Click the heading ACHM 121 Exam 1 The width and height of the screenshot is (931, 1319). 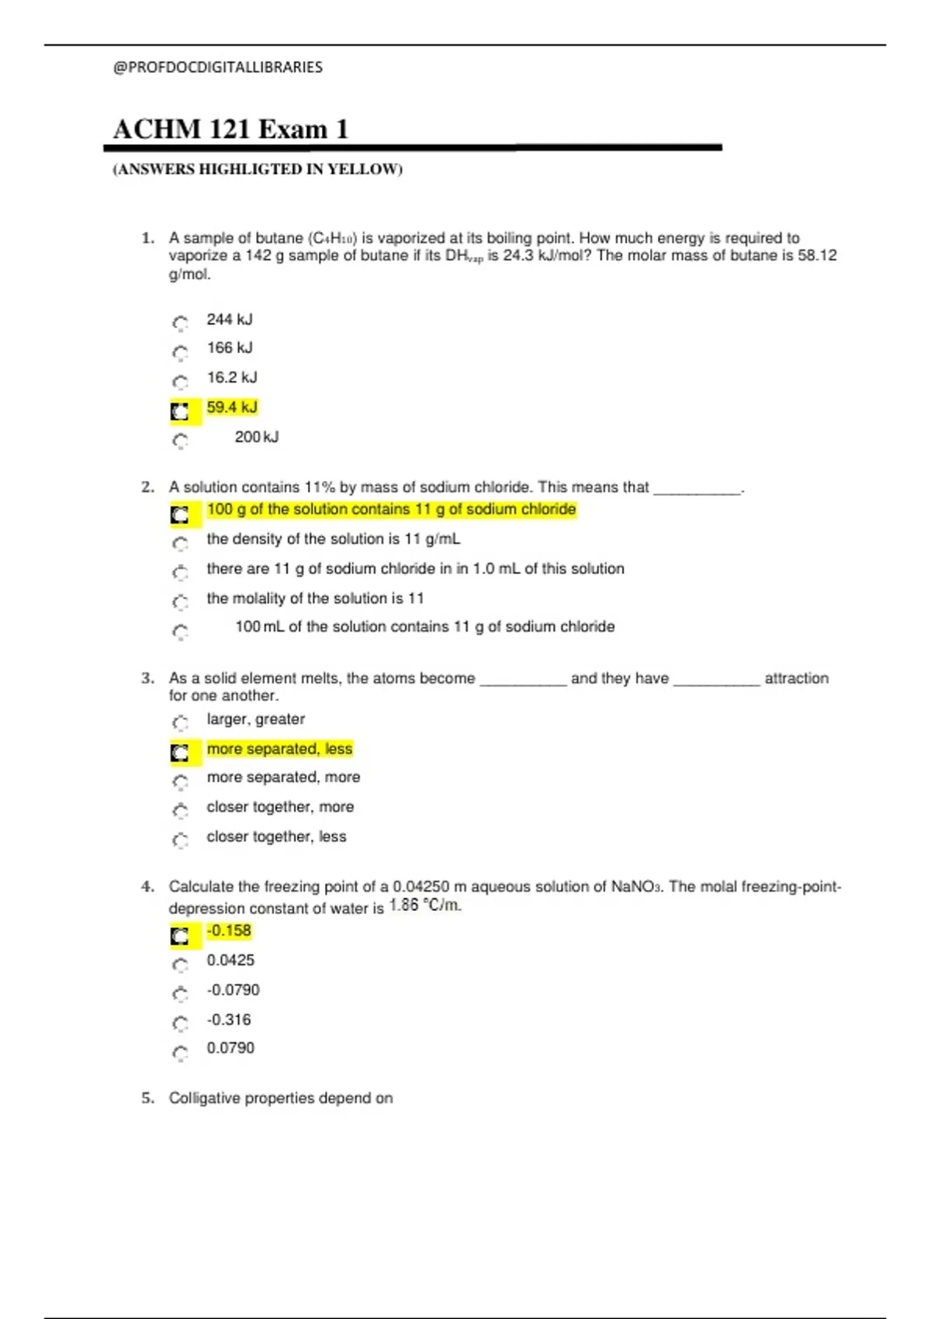click(x=230, y=129)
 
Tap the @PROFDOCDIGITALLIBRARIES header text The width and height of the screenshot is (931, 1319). click(x=218, y=68)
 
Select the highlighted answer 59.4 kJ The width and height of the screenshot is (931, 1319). click(x=231, y=407)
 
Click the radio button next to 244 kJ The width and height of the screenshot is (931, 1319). click(x=180, y=322)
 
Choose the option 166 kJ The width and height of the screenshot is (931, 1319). click(x=229, y=348)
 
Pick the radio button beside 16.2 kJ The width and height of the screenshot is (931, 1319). click(x=180, y=381)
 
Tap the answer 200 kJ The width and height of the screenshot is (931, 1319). click(x=256, y=438)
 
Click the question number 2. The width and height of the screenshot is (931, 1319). click(x=148, y=487)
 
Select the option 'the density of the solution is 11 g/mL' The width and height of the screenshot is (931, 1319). click(x=333, y=539)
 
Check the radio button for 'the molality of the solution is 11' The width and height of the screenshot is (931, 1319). click(x=180, y=601)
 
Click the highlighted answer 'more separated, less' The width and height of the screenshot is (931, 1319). click(x=279, y=749)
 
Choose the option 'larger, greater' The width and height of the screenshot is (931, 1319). click(x=255, y=719)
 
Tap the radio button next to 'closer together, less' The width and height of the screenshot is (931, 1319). click(x=180, y=840)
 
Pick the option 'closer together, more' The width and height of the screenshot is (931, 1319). click(x=279, y=807)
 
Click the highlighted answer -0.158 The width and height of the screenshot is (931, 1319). click(x=229, y=931)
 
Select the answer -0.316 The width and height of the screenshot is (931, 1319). click(x=229, y=1020)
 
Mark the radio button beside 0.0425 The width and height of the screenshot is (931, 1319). click(x=180, y=964)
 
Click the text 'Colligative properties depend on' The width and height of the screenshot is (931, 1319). click(x=281, y=1098)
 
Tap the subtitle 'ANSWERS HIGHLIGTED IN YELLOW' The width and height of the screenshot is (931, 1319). click(x=258, y=169)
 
